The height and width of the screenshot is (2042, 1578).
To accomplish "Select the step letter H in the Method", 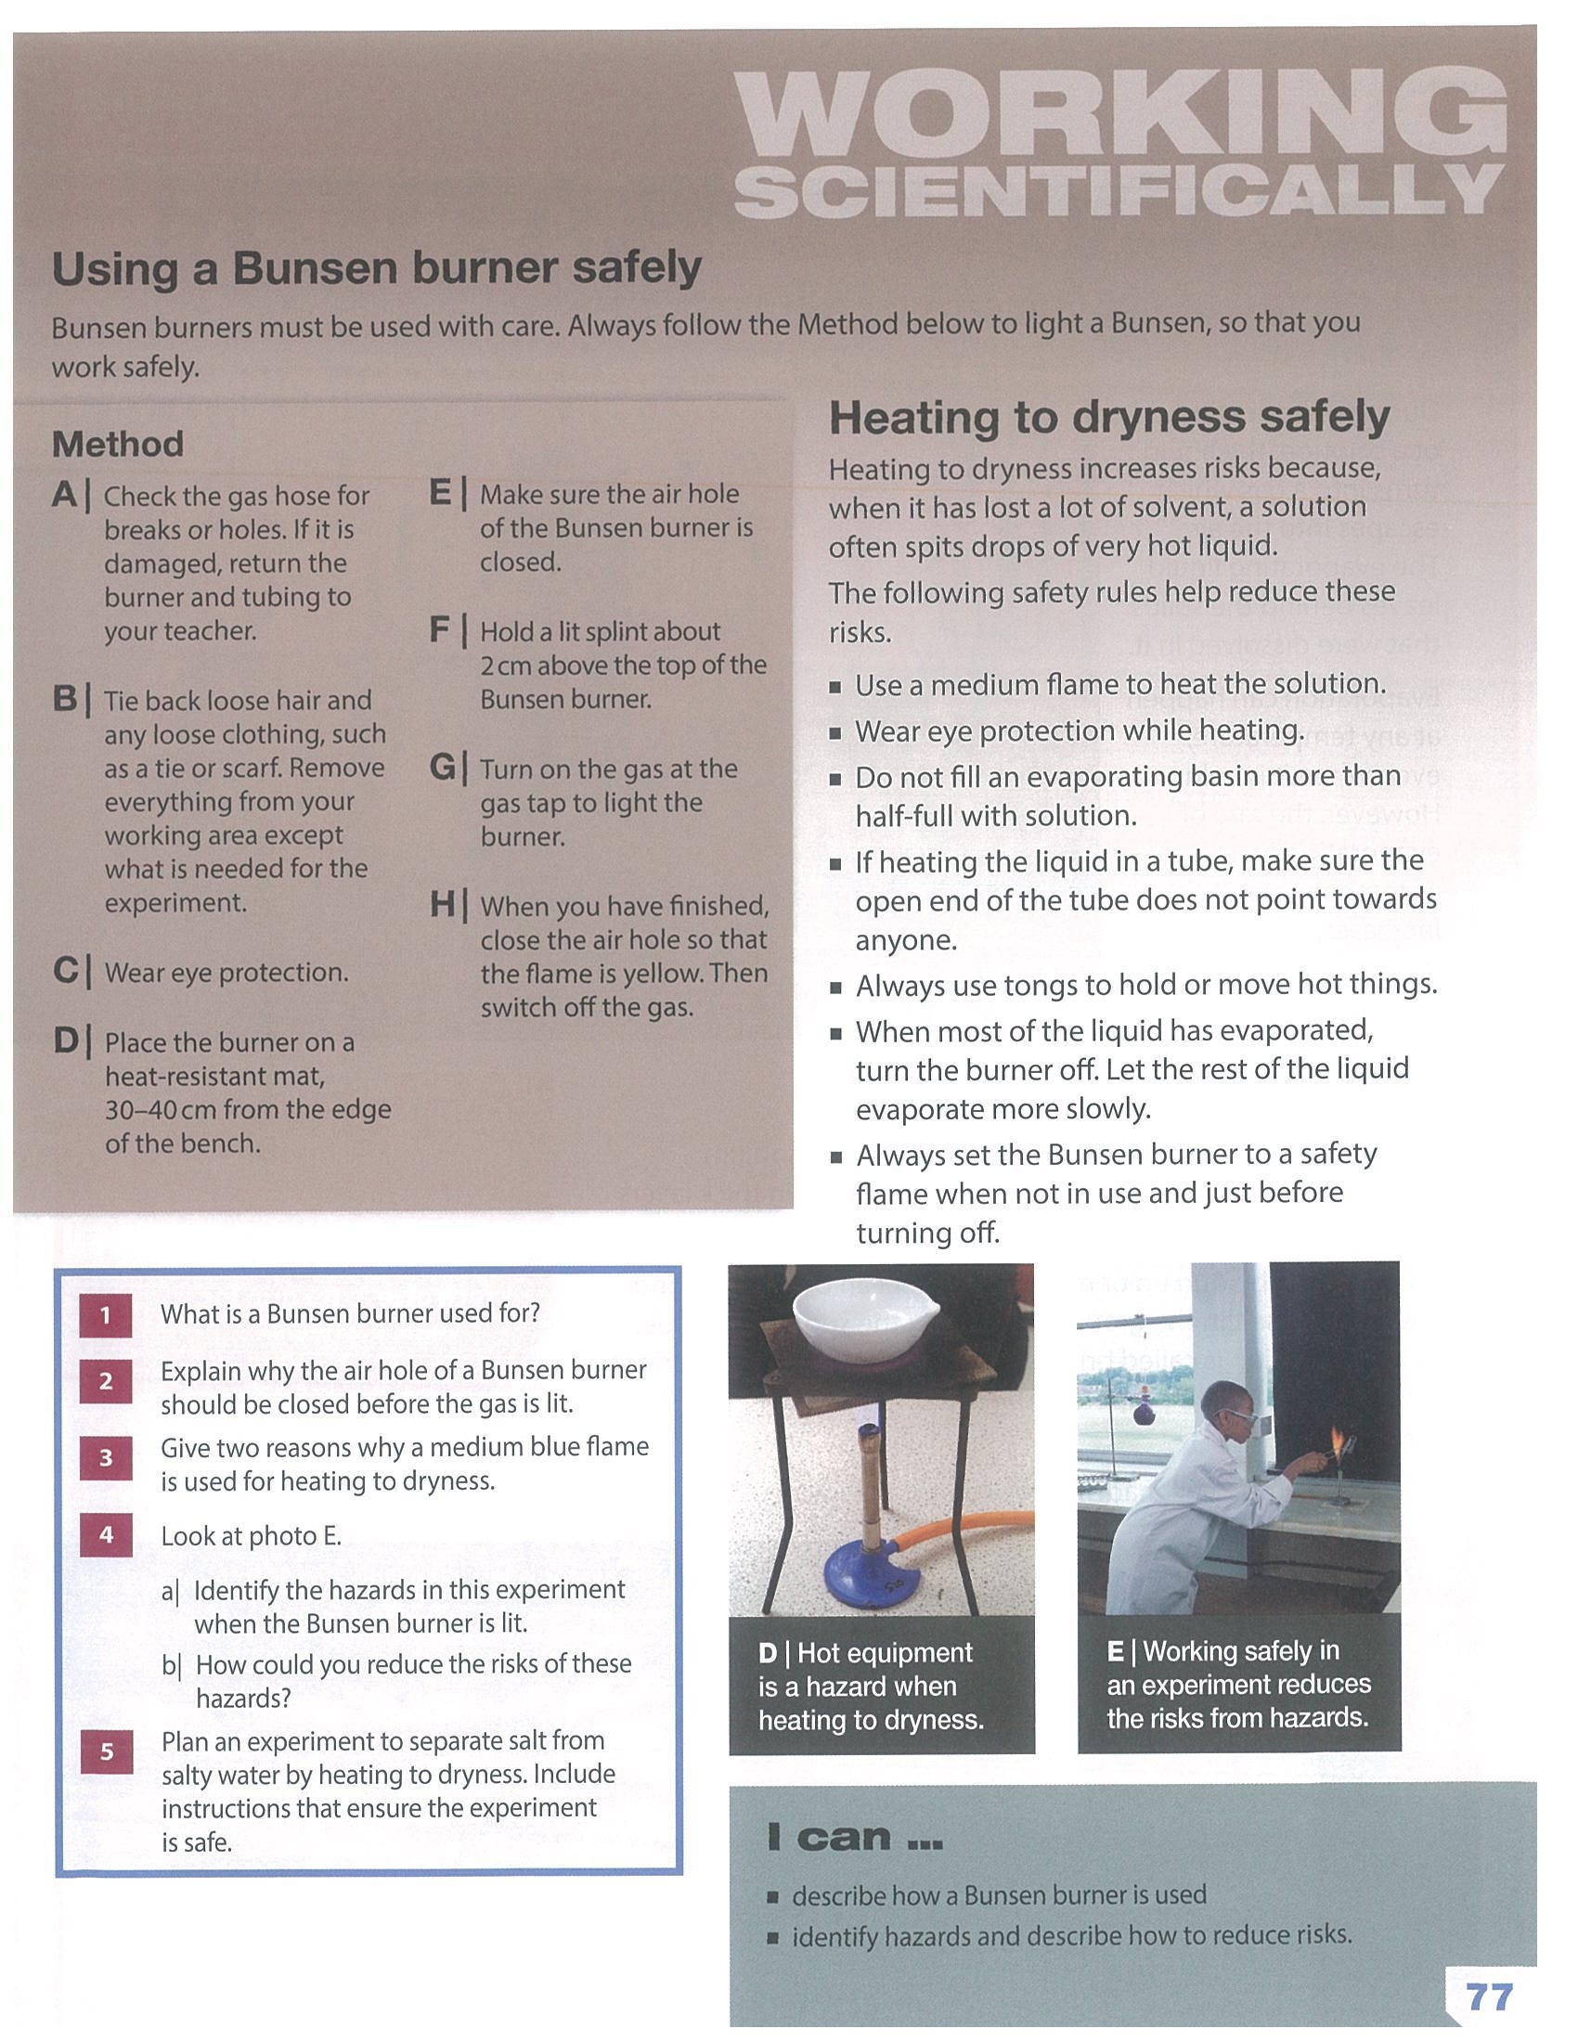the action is point(442,904).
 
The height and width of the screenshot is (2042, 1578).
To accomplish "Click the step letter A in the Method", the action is point(65,494).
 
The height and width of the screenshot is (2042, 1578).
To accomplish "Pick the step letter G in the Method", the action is point(442,768).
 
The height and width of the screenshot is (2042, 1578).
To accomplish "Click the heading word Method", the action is point(118,444).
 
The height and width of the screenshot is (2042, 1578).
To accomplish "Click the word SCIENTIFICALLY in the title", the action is point(1119,192).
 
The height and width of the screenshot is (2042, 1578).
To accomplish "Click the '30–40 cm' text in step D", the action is point(158,1110).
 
